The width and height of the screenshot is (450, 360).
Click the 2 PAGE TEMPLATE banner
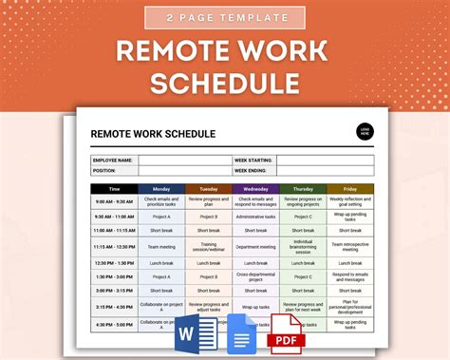tap(224, 17)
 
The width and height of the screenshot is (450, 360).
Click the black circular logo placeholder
tap(364, 133)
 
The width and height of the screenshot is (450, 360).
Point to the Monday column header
tap(161, 189)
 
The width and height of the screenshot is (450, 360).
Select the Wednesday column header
tap(256, 189)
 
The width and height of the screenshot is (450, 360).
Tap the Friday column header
tap(350, 189)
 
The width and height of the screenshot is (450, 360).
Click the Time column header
tap(115, 189)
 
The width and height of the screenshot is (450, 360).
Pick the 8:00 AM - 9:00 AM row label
tap(115, 201)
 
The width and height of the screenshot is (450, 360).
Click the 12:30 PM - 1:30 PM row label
tap(115, 263)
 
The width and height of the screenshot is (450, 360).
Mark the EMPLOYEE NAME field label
tap(114, 161)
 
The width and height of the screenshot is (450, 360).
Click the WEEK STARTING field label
tap(254, 161)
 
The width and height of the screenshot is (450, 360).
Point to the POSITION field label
tap(104, 170)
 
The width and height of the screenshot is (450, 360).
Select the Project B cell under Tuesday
tap(209, 216)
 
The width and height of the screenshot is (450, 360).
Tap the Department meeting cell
tap(256, 247)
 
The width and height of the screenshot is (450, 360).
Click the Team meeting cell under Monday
tap(161, 247)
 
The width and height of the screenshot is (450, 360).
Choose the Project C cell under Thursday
tap(304, 216)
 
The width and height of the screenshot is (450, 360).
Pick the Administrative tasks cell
tap(256, 216)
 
